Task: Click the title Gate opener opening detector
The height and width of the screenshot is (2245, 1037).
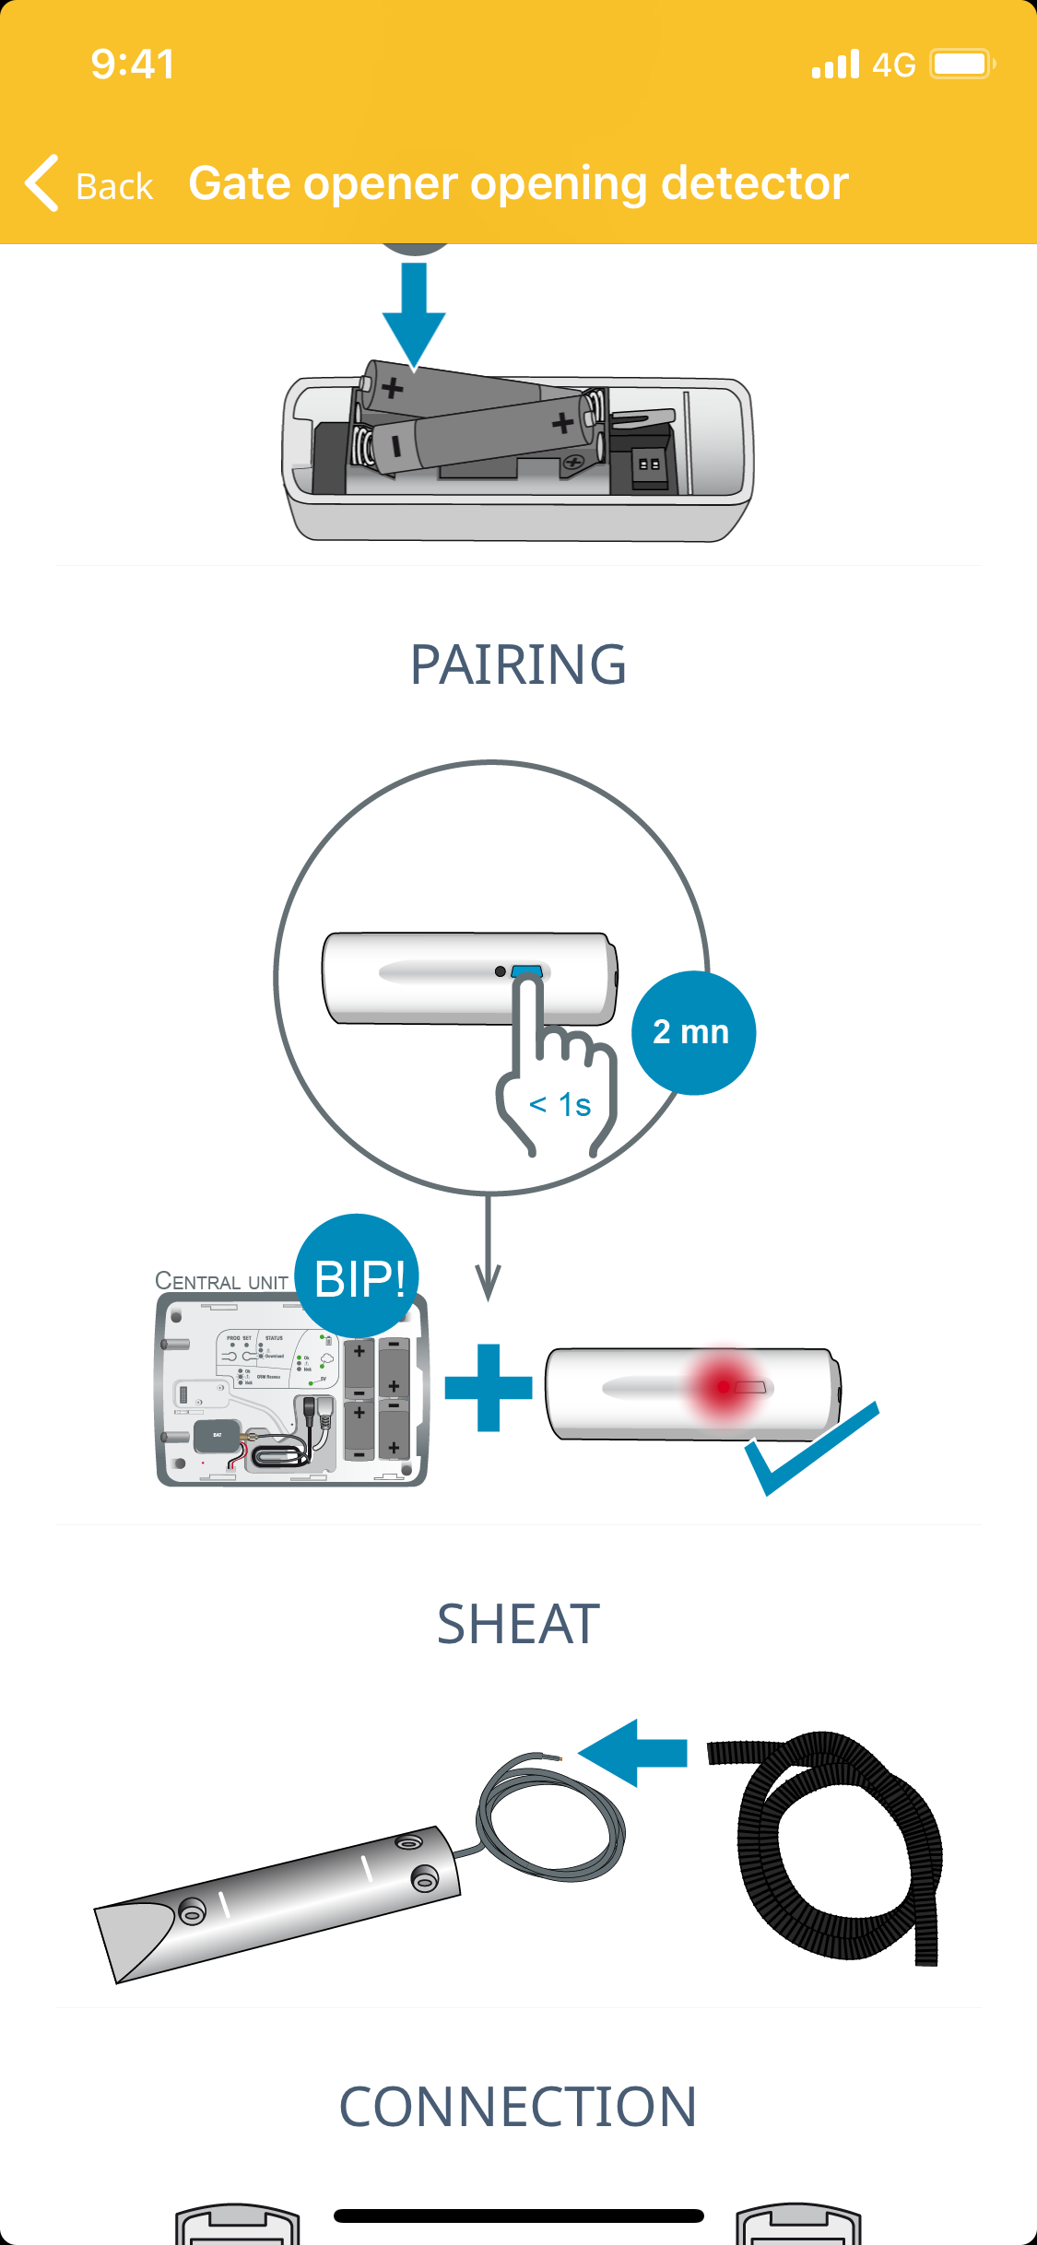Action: coord(518,182)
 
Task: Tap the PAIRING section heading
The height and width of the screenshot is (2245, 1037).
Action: coord(518,664)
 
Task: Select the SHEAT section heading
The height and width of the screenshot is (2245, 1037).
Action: coord(518,1624)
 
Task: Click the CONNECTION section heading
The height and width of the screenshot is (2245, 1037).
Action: coord(518,2107)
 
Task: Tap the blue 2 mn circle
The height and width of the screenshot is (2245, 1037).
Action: coord(692,1032)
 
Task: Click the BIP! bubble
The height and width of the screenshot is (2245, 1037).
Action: coord(359,1277)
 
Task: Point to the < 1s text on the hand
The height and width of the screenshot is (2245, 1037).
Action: coord(560,1104)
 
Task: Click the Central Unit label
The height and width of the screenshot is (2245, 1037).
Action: coord(221,1281)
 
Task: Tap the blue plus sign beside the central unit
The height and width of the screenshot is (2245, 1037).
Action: coord(489,1387)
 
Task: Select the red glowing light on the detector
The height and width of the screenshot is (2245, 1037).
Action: coord(725,1386)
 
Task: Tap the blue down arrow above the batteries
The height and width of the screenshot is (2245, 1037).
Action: coord(414,313)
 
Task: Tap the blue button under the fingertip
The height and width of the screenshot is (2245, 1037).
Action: coord(527,970)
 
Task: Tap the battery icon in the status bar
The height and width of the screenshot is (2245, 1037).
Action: coord(961,64)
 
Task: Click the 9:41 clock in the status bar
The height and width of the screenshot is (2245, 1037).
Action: coord(133,64)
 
